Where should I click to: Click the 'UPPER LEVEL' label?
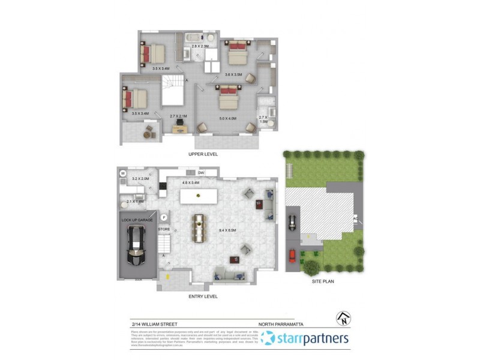tap(203, 154)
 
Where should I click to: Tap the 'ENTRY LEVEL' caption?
tap(203, 296)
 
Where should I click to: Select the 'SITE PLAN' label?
tap(322, 280)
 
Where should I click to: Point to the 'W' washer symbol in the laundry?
tap(123, 174)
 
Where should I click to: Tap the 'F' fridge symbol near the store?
tap(164, 217)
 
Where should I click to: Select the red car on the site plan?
tap(292, 257)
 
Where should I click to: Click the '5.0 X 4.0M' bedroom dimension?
tap(228, 119)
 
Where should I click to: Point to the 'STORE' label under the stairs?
tap(164, 230)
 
